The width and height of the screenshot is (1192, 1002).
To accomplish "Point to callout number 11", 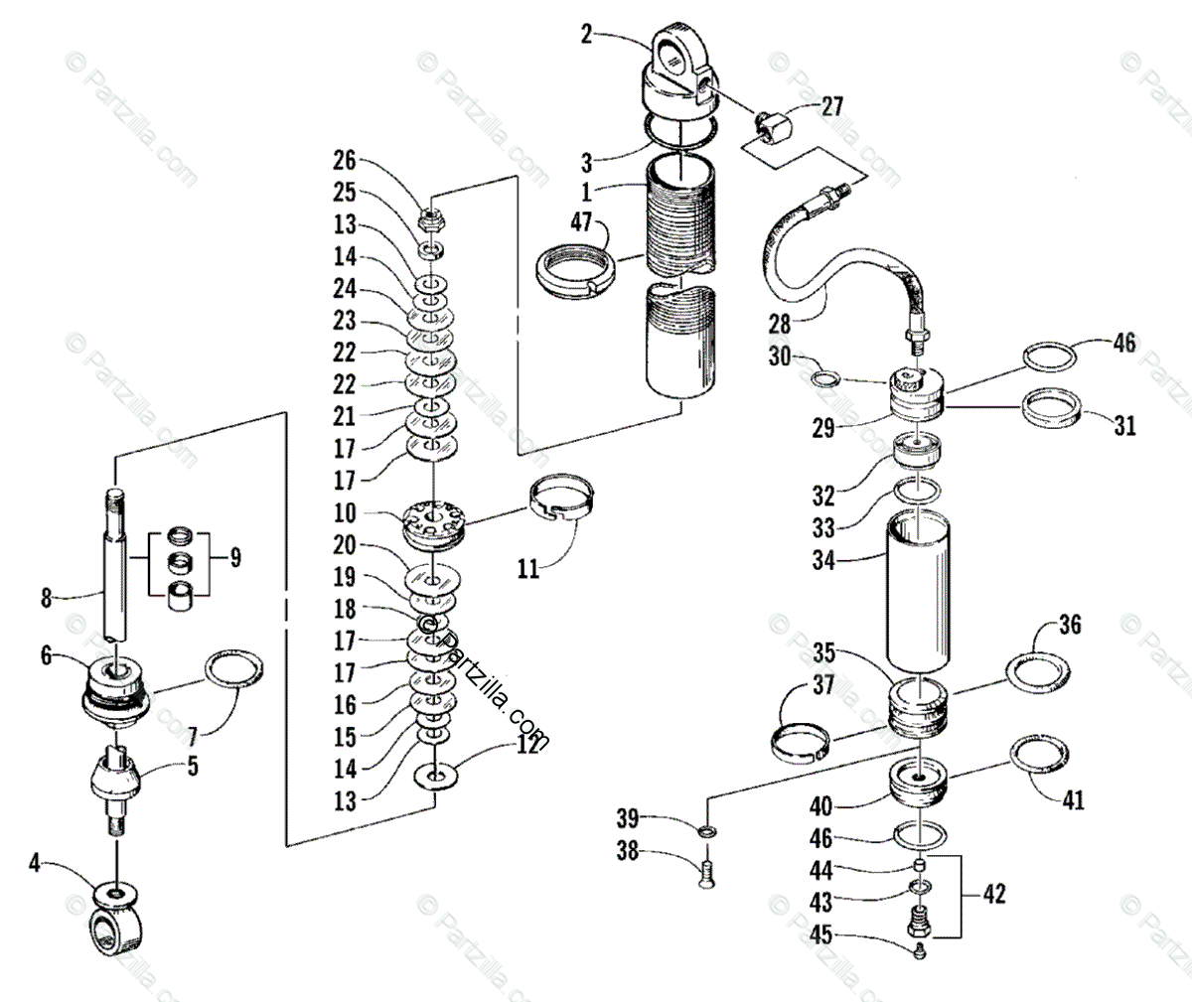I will pos(529,570).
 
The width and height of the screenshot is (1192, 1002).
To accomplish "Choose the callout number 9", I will pos(234,557).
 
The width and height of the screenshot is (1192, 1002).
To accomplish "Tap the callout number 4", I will pos(35,863).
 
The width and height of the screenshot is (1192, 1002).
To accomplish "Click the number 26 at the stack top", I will pos(344,160).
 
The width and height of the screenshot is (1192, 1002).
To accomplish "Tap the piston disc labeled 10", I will pos(433,521).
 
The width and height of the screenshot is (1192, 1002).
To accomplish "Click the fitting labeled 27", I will pos(770,125).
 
